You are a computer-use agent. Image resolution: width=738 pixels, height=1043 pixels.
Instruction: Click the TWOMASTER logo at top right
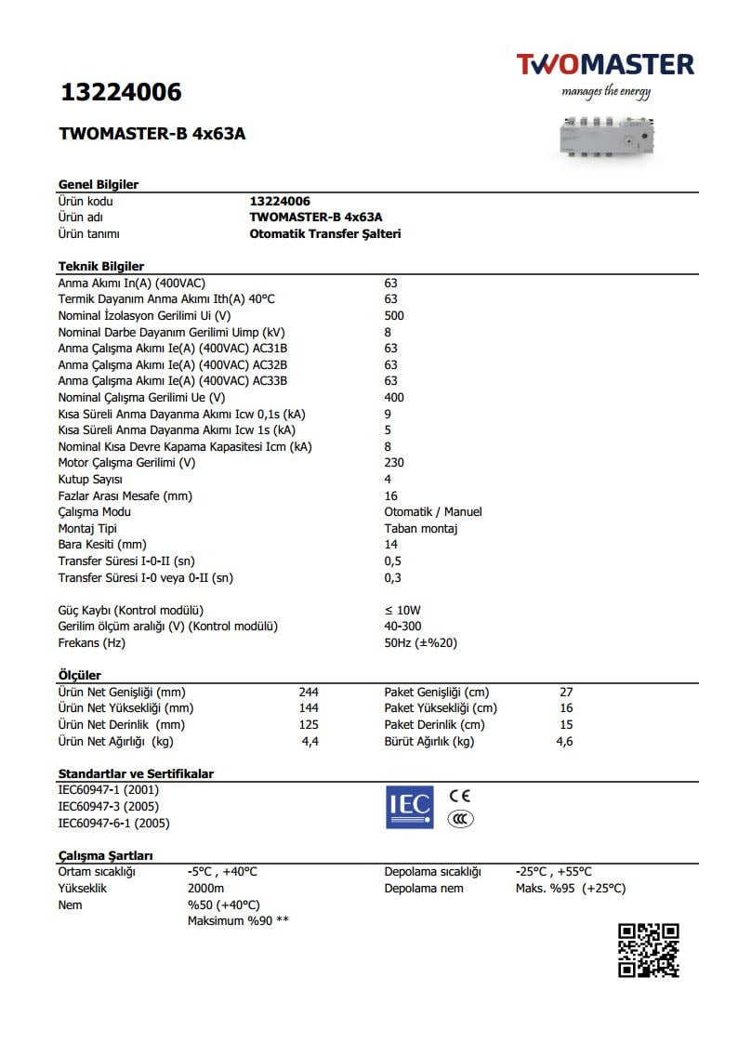click(x=605, y=65)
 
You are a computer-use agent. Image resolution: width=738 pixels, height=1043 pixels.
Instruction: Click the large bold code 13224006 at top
click(x=120, y=93)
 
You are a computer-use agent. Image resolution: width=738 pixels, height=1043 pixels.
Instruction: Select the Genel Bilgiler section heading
click(x=99, y=184)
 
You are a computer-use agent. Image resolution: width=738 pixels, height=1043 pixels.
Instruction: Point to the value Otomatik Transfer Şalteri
click(x=325, y=234)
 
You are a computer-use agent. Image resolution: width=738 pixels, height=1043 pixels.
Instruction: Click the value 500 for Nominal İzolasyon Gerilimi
click(x=394, y=316)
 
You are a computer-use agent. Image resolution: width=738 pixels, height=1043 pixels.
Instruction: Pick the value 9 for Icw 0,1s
click(x=388, y=414)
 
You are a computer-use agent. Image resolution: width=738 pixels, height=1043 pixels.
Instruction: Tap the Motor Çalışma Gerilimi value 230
click(x=394, y=463)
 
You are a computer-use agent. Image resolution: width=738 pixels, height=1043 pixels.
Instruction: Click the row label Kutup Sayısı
click(x=90, y=480)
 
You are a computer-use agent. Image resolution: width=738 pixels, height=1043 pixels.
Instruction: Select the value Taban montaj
click(x=421, y=529)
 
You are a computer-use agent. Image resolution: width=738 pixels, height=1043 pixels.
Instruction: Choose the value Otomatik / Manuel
click(x=433, y=512)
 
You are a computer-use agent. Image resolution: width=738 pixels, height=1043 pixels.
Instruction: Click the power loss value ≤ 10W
click(x=402, y=611)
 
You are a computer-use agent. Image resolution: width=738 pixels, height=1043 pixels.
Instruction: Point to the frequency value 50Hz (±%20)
click(x=421, y=643)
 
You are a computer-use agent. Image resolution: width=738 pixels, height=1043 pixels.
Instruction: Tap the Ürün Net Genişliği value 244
click(x=309, y=693)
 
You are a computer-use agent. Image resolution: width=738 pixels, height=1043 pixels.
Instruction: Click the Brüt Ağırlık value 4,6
click(x=564, y=742)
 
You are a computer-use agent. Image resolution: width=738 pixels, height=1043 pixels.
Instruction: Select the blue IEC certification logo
click(x=409, y=806)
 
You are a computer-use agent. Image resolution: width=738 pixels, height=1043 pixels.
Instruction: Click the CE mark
click(x=459, y=797)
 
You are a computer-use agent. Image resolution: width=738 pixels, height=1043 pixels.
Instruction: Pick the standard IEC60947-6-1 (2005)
click(x=113, y=824)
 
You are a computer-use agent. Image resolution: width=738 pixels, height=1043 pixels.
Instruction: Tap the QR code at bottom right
click(x=649, y=949)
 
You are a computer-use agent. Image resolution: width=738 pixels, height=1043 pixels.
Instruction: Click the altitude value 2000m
click(x=205, y=889)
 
